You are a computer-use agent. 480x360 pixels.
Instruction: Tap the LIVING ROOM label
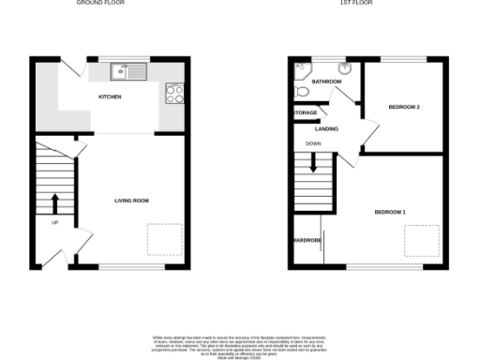click(132, 201)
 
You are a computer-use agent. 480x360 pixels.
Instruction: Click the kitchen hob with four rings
click(173, 92)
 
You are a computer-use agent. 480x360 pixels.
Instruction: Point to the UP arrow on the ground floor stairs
click(54, 202)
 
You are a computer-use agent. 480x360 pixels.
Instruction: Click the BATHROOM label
click(327, 82)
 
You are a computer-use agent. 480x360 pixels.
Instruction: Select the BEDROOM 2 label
click(404, 107)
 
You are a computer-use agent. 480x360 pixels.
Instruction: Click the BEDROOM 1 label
click(390, 213)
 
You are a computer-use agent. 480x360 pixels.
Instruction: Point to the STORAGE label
click(305, 112)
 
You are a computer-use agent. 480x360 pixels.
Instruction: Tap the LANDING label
click(327, 128)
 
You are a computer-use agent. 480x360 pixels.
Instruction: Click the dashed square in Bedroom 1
click(427, 241)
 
